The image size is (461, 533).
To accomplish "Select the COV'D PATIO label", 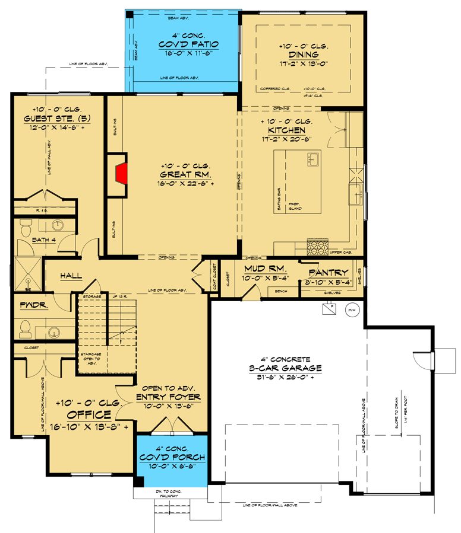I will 188,44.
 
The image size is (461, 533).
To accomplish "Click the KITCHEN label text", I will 286,130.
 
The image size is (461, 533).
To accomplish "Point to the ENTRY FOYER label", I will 168,397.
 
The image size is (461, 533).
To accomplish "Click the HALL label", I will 71,276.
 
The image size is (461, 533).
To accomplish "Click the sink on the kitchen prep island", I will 311,159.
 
